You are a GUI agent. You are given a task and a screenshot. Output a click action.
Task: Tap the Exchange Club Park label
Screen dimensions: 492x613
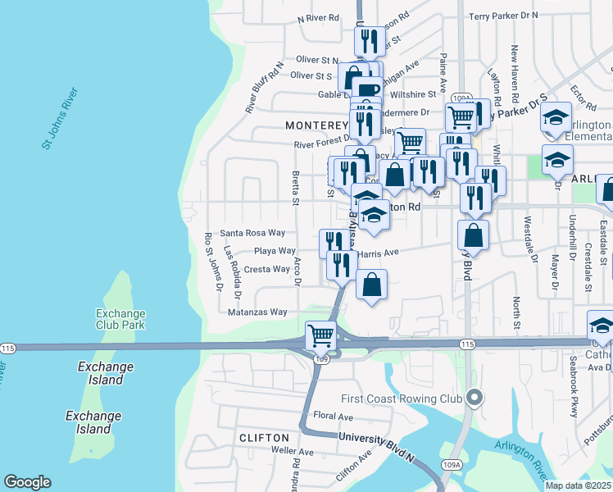click(x=120, y=319)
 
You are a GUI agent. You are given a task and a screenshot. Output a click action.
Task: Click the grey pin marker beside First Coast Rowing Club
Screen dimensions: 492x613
click(x=474, y=399)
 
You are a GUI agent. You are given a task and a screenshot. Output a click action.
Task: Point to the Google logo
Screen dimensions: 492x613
click(x=27, y=482)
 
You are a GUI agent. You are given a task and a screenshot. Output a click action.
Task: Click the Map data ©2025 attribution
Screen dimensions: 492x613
click(x=578, y=485)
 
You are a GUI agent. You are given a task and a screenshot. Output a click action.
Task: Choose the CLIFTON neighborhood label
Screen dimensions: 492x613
click(x=264, y=438)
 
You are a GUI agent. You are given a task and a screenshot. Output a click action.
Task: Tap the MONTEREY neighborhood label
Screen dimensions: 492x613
click(x=317, y=125)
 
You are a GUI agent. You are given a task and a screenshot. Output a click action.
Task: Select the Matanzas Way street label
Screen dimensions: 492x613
click(x=257, y=312)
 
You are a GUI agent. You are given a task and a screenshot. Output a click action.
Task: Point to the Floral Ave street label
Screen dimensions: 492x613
click(x=333, y=417)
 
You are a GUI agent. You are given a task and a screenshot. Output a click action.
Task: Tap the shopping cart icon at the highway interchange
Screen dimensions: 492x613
click(x=320, y=335)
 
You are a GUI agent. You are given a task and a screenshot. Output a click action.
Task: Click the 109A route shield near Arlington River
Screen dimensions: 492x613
click(x=448, y=465)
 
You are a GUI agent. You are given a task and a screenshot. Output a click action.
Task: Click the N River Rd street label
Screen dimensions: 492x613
click(x=318, y=17)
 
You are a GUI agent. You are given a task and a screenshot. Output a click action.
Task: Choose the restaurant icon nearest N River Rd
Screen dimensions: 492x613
click(x=370, y=39)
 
